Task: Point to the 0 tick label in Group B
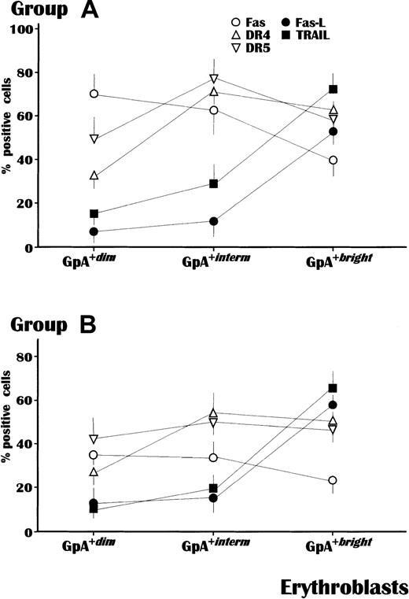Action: pyautogui.click(x=37, y=531)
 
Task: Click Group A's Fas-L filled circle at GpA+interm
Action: pyautogui.click(x=213, y=221)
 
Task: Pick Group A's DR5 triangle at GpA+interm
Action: pyautogui.click(x=213, y=79)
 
